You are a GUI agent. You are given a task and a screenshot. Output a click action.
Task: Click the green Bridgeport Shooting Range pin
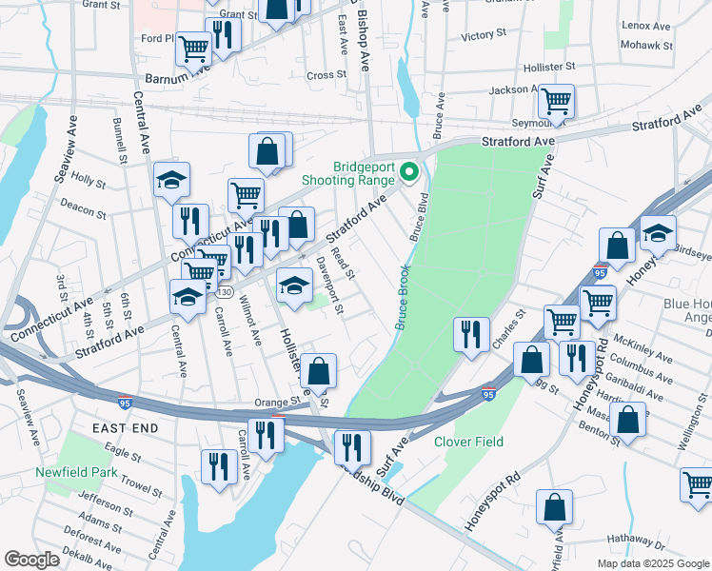coord(410,172)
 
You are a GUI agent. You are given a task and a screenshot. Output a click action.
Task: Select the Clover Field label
coord(468,442)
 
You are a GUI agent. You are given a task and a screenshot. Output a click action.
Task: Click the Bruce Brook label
coord(403,297)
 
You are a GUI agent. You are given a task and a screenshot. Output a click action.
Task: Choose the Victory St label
coord(483,35)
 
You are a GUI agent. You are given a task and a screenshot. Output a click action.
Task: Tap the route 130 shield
coord(223,290)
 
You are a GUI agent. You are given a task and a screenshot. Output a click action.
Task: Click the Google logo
coord(31,560)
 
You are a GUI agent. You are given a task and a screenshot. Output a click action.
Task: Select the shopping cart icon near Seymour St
coord(555,99)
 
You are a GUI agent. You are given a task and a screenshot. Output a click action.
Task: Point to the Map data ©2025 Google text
coord(652,563)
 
